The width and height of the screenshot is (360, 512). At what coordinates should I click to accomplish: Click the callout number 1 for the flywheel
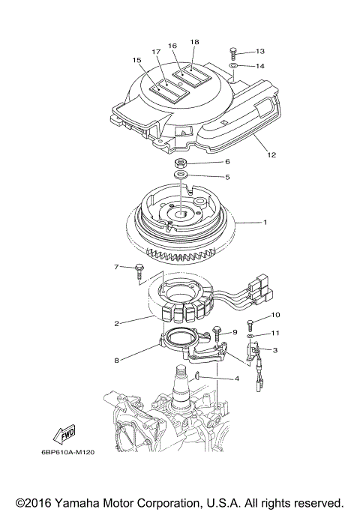[264, 223]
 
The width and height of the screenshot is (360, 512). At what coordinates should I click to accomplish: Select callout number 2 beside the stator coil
[116, 324]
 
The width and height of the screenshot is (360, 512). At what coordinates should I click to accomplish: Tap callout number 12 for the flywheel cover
[271, 155]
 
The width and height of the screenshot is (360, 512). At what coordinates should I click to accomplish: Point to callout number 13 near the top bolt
[260, 51]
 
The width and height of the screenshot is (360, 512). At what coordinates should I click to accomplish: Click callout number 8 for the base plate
[116, 361]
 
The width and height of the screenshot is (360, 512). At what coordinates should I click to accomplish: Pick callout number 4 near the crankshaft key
[237, 379]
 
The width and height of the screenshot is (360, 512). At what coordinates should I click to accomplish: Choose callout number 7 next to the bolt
[116, 267]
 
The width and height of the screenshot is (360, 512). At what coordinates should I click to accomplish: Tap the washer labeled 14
[235, 67]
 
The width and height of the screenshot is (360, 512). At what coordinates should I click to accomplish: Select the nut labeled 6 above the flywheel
[181, 163]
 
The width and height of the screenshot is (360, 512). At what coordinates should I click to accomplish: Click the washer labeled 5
[181, 176]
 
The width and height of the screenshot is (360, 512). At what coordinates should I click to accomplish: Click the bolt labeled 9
[217, 331]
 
